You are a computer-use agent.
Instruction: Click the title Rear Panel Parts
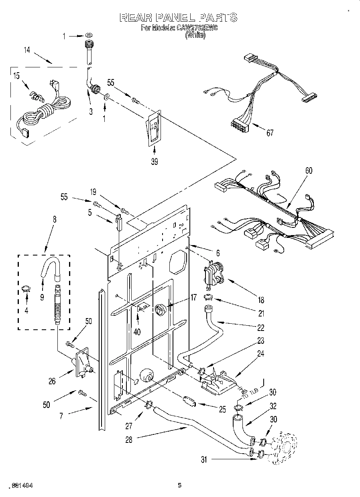point(179,17)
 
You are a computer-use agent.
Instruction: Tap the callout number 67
point(270,133)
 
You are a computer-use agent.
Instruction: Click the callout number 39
point(154,162)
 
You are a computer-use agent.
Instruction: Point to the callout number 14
point(26,50)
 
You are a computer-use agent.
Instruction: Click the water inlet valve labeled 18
point(213,274)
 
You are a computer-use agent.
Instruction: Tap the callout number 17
point(182,298)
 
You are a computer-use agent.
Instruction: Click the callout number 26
point(52,381)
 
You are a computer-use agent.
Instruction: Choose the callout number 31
point(204,460)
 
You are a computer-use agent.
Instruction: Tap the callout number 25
point(223,409)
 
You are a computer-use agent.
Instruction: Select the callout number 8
point(55,219)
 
